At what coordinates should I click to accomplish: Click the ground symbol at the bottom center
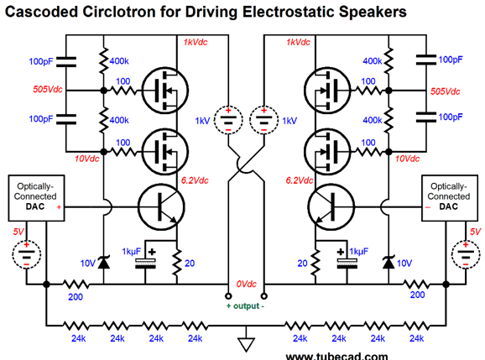[x=246, y=345]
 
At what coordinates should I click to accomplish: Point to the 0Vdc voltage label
[x=246, y=284]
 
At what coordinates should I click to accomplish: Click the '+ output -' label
[x=245, y=306]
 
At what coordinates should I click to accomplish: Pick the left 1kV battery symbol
[x=228, y=120]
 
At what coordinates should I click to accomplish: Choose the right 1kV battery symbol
[x=263, y=120]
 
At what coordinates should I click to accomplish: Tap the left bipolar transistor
[x=161, y=207]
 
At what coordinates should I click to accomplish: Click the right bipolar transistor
[x=331, y=207]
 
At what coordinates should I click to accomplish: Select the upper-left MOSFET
[x=165, y=91]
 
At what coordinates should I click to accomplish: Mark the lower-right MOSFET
[x=327, y=152]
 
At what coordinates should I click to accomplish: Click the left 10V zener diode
[x=103, y=263]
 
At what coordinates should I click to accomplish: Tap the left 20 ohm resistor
[x=177, y=263]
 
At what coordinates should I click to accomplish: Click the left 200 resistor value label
[x=76, y=297]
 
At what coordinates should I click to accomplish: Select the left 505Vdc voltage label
[x=48, y=90]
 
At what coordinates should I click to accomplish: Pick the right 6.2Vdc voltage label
[x=299, y=180]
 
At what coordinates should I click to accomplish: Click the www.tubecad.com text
[x=336, y=357]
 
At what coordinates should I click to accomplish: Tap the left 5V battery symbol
[x=27, y=254]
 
